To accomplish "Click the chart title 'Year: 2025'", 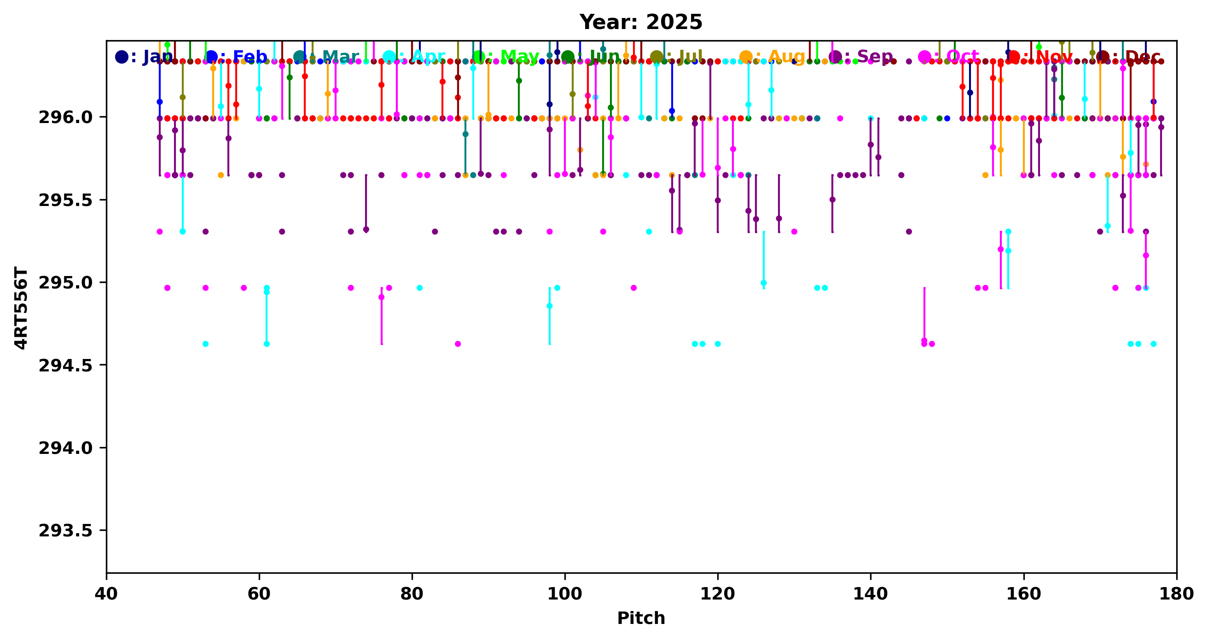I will (640, 22).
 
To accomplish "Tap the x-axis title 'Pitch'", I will (640, 618).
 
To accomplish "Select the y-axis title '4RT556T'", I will (21, 308).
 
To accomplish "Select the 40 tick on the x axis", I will (106, 594).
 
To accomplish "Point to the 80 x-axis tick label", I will (412, 594).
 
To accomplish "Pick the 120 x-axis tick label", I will (718, 594).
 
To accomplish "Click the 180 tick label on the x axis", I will (1176, 594).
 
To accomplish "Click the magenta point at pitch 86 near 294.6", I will (458, 344).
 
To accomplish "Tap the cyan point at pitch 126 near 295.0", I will (763, 283).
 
